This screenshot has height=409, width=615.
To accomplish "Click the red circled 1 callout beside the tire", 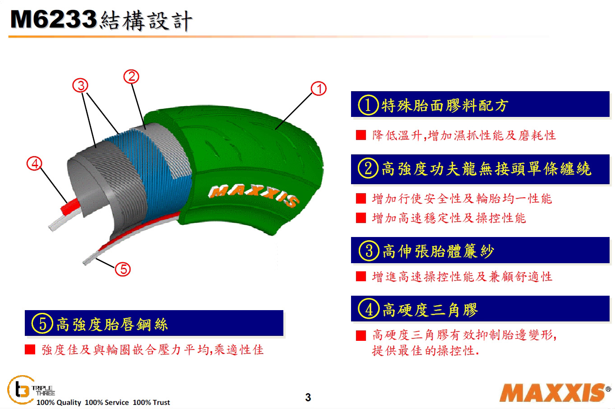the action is click(x=319, y=89).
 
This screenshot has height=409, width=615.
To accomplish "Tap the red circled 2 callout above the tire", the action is click(x=131, y=77).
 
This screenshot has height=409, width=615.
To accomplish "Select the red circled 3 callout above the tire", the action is click(x=80, y=85).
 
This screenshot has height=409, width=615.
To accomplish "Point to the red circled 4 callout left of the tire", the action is click(x=34, y=164).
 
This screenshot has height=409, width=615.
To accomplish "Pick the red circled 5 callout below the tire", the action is click(x=123, y=269).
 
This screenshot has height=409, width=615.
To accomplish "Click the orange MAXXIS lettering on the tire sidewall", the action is click(x=253, y=195).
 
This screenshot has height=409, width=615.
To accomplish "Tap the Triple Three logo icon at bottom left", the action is click(x=20, y=390).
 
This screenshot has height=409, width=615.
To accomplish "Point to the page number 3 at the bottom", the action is click(x=308, y=397).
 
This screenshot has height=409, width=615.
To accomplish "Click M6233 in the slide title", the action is click(x=54, y=19).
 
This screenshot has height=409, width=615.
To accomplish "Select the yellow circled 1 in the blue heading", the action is click(x=368, y=105).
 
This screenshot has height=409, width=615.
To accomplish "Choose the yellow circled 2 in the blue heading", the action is click(x=368, y=168).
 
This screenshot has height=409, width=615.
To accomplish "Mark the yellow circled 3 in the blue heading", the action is click(x=369, y=251).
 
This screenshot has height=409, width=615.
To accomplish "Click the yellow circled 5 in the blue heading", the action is click(x=42, y=324).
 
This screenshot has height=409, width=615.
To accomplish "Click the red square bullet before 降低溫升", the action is click(x=361, y=135).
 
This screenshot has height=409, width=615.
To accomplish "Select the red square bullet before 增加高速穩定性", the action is click(x=361, y=218).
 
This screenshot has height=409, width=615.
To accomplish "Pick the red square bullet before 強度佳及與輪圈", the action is click(x=30, y=349).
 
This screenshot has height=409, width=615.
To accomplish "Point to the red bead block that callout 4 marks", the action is click(x=70, y=207).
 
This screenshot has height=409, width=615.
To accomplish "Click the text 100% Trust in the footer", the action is click(x=151, y=402).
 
